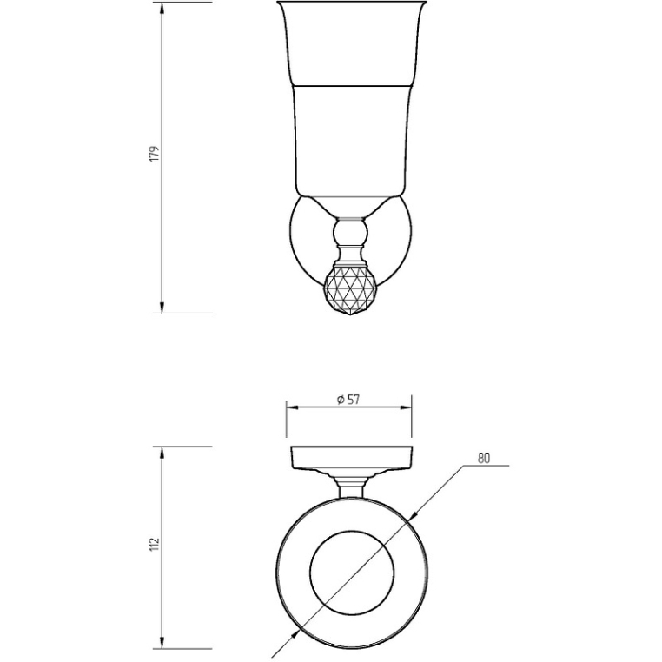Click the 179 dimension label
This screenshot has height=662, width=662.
156,154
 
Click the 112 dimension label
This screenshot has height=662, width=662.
156,543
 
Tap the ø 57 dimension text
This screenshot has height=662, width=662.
348,400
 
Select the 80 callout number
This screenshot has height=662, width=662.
484,459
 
